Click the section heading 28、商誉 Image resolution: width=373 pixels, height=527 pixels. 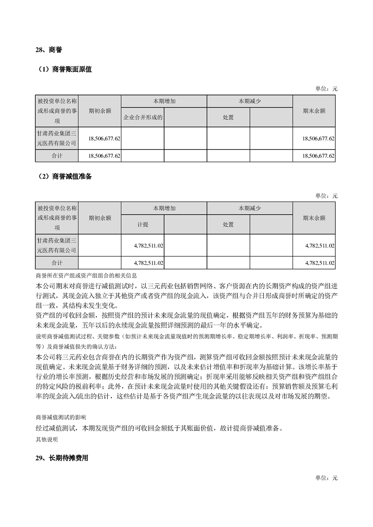point(49,49)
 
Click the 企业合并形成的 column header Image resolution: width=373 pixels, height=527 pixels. point(143,117)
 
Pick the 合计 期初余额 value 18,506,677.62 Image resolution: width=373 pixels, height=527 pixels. point(104,155)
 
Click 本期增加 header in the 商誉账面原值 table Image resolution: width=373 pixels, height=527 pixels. point(164,101)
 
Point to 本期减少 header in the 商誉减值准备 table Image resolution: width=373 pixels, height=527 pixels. point(249,209)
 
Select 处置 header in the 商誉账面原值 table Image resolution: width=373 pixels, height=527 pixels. point(228,117)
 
